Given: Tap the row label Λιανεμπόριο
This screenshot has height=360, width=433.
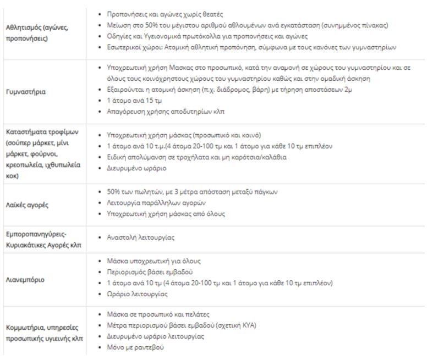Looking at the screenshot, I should coord(25,279).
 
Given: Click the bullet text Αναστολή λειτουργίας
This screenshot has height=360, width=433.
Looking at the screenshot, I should coord(140,238).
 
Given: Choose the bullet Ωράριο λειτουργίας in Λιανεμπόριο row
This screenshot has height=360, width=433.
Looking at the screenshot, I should coord(136,294).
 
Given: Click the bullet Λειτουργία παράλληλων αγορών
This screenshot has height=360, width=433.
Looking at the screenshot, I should coord(152,203).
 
